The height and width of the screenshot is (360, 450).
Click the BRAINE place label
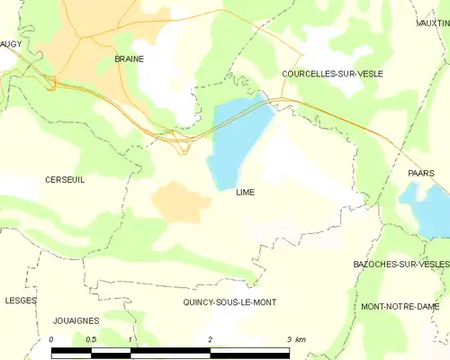click(130, 58)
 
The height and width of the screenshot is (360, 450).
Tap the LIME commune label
click(246, 193)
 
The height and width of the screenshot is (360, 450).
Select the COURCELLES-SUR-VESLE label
click(331, 74)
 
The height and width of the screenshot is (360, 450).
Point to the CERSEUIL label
click(65, 180)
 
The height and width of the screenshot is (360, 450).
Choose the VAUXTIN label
click(433, 22)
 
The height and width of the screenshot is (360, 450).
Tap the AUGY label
click(11, 42)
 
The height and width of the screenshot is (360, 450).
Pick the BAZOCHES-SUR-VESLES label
click(400, 264)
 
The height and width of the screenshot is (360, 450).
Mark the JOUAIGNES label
click(76, 320)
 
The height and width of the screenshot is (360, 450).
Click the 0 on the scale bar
click(52, 339)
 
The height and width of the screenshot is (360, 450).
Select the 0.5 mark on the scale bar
click(91, 339)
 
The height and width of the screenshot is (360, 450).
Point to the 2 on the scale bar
click(210, 339)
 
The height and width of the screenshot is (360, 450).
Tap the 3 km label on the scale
click(294, 339)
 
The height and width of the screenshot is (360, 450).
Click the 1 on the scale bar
click(131, 339)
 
